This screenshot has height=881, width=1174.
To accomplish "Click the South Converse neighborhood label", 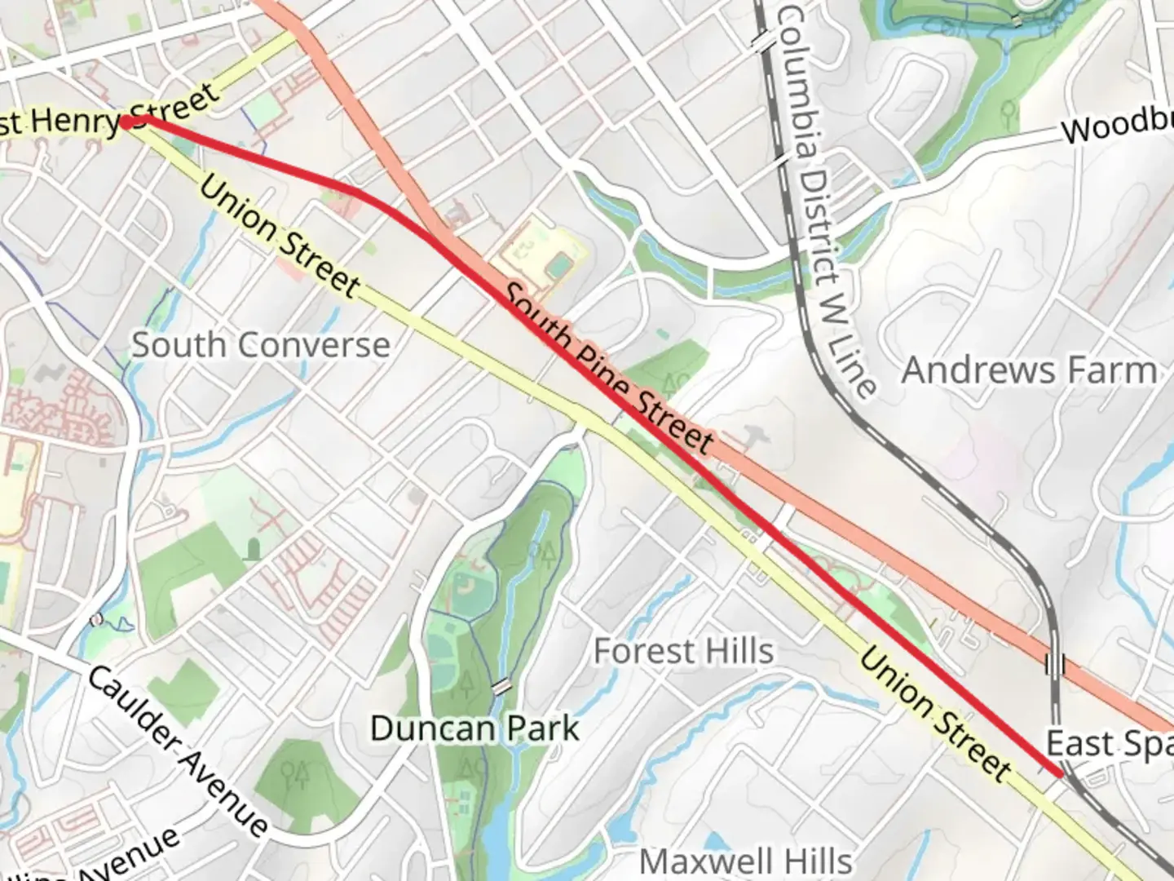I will pyautogui.click(x=261, y=345).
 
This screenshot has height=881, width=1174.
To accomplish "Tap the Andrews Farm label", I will pyautogui.click(x=1029, y=370).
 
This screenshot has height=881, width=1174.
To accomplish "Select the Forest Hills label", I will pyautogui.click(x=683, y=651).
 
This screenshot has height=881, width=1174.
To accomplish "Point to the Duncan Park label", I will pyautogui.click(x=474, y=728).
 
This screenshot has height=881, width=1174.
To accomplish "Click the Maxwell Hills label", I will pyautogui.click(x=745, y=861).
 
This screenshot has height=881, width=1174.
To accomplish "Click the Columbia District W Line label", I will pyautogui.click(x=825, y=200).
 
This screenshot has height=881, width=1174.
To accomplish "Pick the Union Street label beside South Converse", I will pyautogui.click(x=279, y=236).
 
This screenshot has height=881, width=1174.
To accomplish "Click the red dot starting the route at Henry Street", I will pyautogui.click(x=127, y=122).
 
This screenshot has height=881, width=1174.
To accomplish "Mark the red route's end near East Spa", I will pyautogui.click(x=1059, y=773).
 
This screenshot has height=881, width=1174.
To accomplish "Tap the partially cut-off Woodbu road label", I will pyautogui.click(x=1117, y=126).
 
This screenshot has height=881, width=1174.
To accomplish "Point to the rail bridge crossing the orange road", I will pyautogui.click(x=1055, y=664).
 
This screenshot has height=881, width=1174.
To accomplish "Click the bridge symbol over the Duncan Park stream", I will pyautogui.click(x=501, y=687).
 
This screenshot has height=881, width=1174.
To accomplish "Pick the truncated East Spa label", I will pyautogui.click(x=1109, y=744).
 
